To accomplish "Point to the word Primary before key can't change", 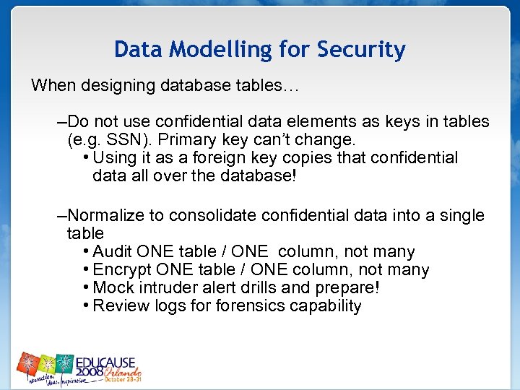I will (x=178, y=139).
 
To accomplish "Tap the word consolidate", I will (x=224, y=215).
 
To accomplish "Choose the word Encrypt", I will (x=121, y=270).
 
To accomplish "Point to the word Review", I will (x=119, y=306).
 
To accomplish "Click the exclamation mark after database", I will (x=293, y=175).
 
